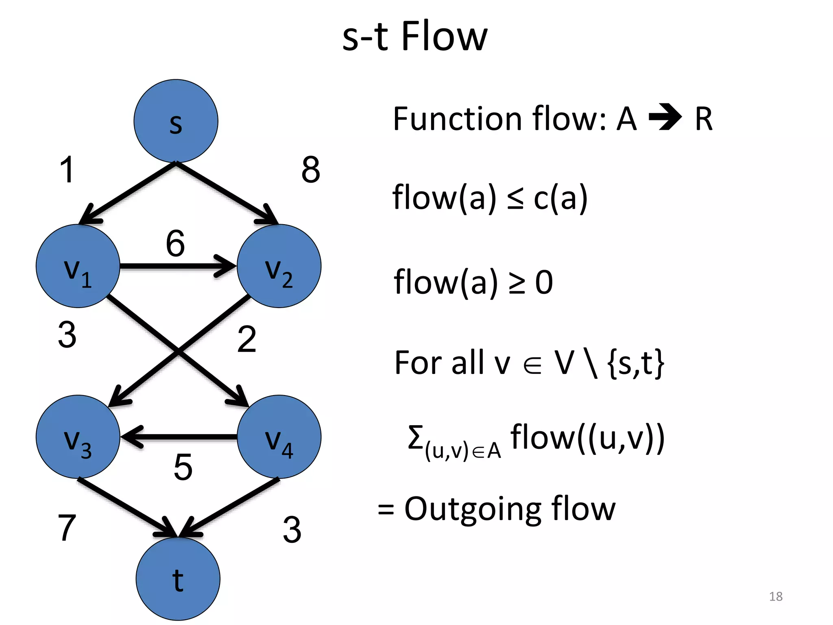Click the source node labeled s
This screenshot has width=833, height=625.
(176, 121)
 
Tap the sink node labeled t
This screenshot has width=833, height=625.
(178, 579)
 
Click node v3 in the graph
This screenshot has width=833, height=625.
(78, 437)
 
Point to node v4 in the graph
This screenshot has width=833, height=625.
(279, 437)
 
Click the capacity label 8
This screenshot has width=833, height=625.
(311, 170)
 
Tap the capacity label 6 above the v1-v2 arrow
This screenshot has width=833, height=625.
(175, 243)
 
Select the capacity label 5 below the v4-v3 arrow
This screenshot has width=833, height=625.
(183, 467)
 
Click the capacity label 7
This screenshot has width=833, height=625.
(67, 528)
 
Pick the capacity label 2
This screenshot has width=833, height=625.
(246, 339)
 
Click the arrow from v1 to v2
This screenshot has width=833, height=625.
(178, 267)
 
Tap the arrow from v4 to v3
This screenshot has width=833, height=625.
(179, 437)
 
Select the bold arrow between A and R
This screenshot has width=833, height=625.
(665, 117)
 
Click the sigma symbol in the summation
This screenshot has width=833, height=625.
(415, 437)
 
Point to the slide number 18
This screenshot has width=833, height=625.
(776, 596)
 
